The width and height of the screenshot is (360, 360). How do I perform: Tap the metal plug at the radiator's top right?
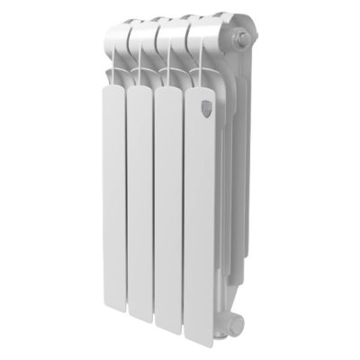244,40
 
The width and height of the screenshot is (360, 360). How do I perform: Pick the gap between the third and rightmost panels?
184,216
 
